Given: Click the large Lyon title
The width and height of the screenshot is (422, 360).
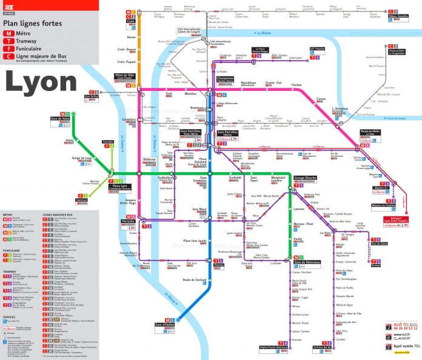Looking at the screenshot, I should coord(41,81).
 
